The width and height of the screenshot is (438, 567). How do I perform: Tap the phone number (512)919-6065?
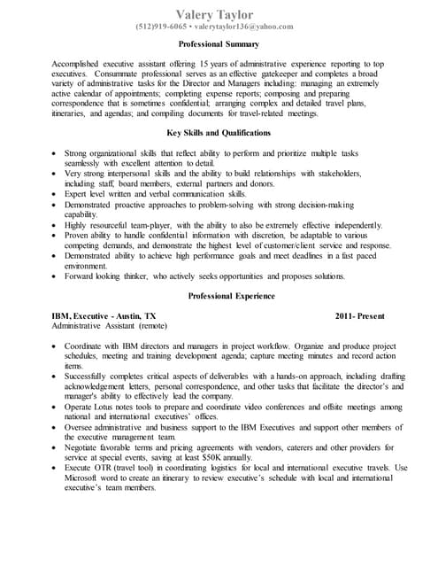[161, 27]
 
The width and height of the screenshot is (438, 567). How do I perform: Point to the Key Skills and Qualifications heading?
[219, 133]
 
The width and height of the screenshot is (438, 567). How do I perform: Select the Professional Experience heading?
[219, 296]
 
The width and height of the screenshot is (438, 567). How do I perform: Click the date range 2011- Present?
[360, 315]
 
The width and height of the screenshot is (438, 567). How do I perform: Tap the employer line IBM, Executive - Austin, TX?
[104, 315]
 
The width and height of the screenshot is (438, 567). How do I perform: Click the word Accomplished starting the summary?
[79, 66]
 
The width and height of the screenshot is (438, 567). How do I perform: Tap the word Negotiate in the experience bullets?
[85, 448]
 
